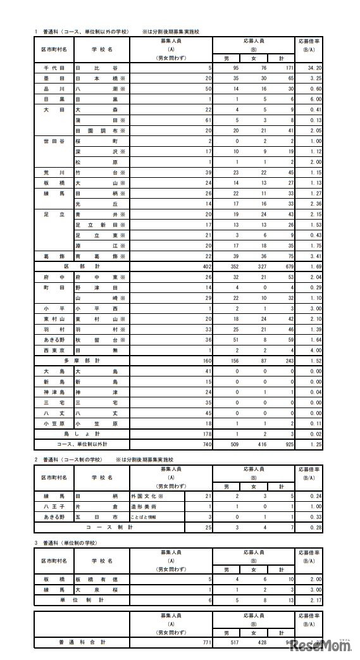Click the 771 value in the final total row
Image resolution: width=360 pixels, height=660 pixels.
pyautogui.click(x=204, y=642)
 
